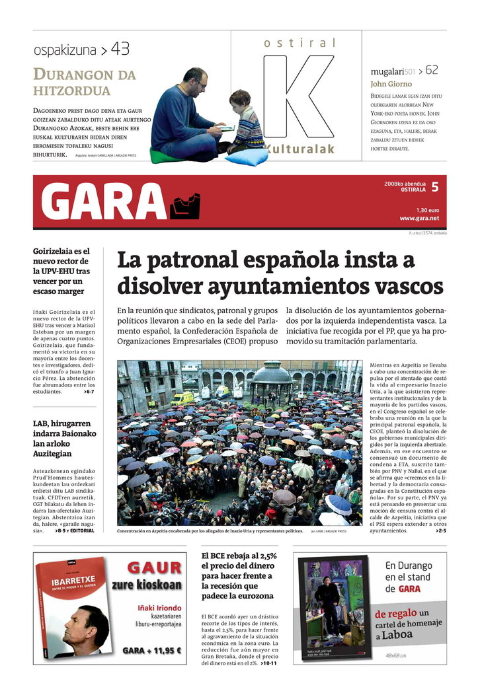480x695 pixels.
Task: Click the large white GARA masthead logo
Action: (104, 201)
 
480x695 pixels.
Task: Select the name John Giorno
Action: (391, 84)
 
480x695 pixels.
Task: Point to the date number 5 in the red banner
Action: (434, 187)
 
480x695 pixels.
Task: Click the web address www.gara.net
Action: (419, 218)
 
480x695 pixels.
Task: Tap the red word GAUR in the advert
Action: (154, 567)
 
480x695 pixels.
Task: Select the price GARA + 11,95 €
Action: (151, 651)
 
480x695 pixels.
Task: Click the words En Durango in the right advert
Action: (409, 566)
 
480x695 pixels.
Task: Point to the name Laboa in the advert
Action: (398, 635)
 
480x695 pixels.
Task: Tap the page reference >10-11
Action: (268, 663)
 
